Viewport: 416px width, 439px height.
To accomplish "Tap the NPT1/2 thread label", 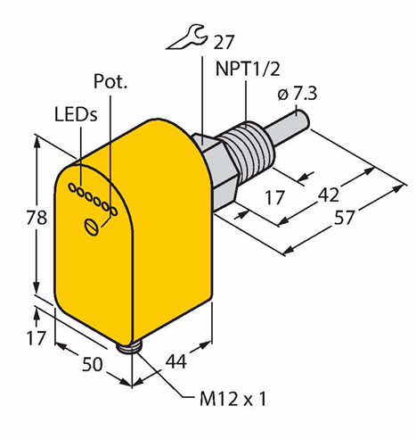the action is point(248,69).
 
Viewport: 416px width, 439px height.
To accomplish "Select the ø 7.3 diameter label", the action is point(298,94).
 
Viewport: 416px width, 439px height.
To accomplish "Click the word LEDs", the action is point(76,114).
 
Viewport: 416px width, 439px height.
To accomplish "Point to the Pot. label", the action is point(110,81).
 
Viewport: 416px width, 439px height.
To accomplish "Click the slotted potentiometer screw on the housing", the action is point(91,227).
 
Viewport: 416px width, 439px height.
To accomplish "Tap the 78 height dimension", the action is point(37,217).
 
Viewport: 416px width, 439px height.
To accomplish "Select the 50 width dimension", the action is point(92,364).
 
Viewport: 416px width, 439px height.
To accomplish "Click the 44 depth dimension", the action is point(176,361).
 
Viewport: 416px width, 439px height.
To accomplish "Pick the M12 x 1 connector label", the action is point(232,399).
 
